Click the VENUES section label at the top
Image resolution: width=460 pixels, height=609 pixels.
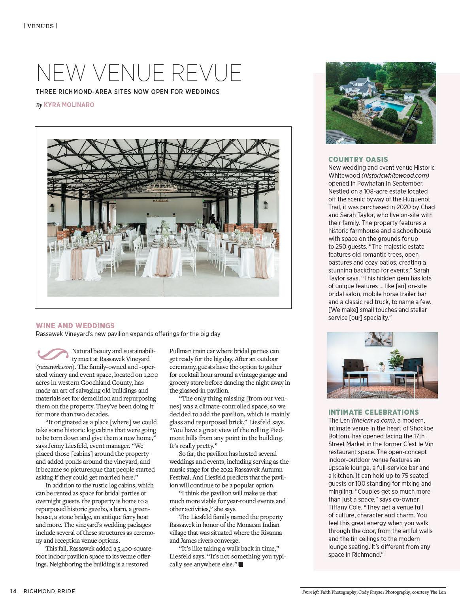pyautogui.click(x=41, y=26)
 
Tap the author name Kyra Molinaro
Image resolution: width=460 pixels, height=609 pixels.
pyautogui.click(x=69, y=105)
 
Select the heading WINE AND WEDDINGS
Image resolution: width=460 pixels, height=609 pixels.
pyautogui.click(x=75, y=326)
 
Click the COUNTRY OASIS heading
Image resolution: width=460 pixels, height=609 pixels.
pyautogui.click(x=358, y=160)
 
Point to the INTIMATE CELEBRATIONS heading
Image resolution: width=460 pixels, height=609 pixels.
pyautogui.click(x=373, y=412)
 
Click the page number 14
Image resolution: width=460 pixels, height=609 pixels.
pyautogui.click(x=13, y=591)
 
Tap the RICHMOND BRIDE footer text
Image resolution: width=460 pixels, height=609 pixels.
pyautogui.click(x=49, y=591)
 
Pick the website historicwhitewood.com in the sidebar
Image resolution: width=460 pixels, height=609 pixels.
pyautogui.click(x=395, y=175)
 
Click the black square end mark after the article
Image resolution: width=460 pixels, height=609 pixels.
pyautogui.click(x=241, y=564)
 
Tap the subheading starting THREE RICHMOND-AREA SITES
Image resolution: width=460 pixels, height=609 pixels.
pyautogui.click(x=128, y=92)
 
